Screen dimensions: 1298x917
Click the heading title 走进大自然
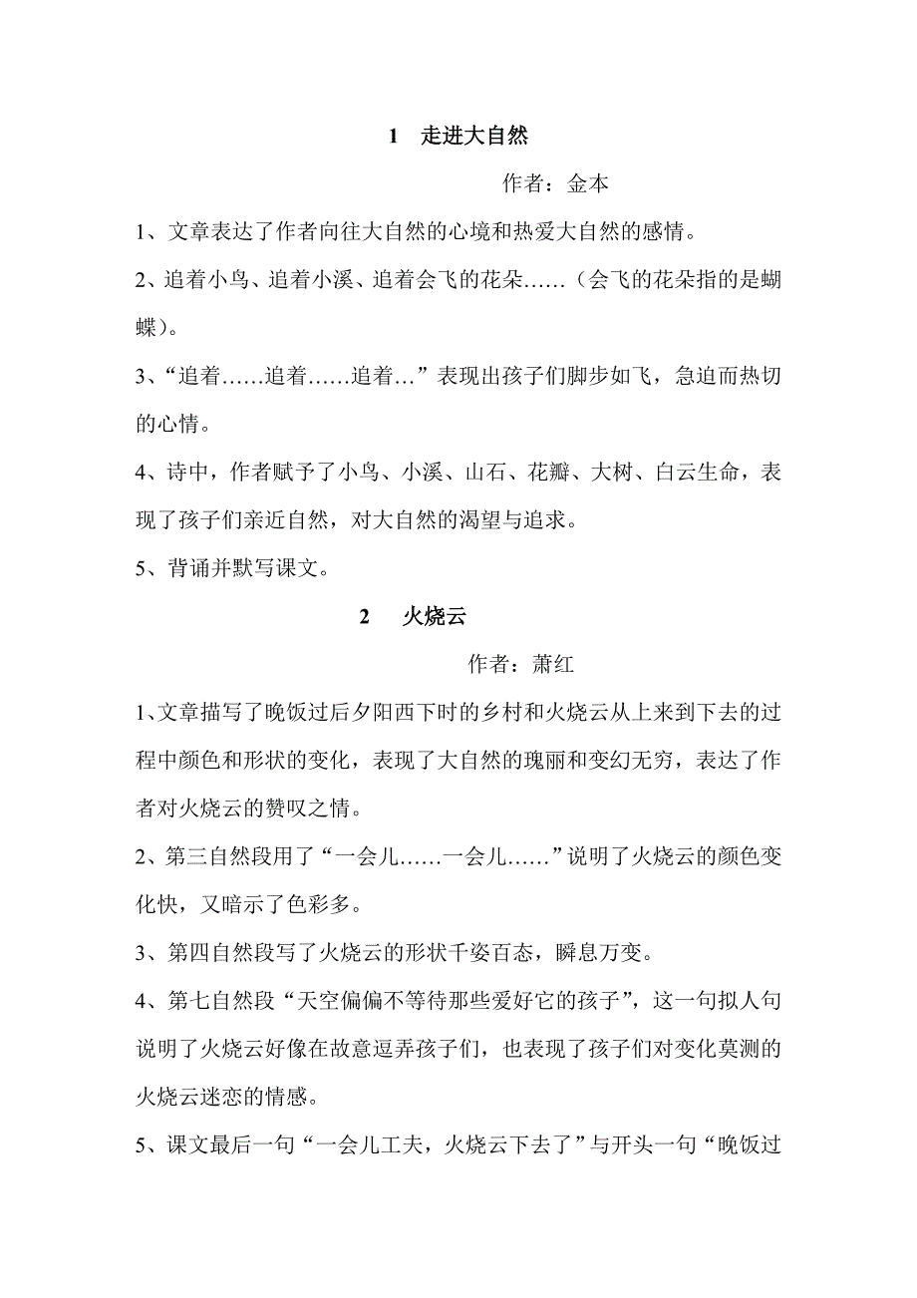[474, 136]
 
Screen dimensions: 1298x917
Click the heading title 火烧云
[434, 617]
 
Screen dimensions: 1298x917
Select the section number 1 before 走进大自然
[393, 136]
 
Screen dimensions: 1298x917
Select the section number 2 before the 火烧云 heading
[365, 617]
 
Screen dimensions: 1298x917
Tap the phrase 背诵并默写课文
[242, 569]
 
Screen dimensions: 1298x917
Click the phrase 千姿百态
[483, 954]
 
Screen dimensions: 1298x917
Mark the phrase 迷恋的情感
[251, 1098]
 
